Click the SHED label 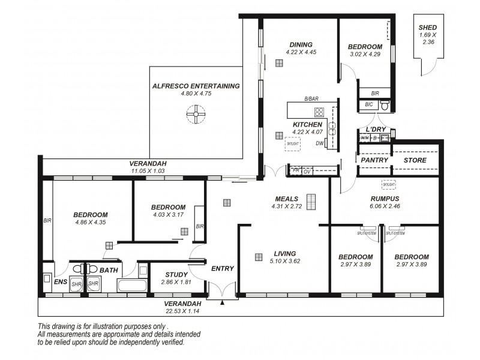pyautogui.click(x=428, y=28)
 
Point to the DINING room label pyautogui.click(x=301, y=44)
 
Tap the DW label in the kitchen pyautogui.click(x=320, y=143)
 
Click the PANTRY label pyautogui.click(x=373, y=160)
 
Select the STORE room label pyautogui.click(x=415, y=160)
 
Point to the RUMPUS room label pyautogui.click(x=385, y=199)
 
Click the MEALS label pyautogui.click(x=287, y=199)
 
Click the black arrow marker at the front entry pyautogui.click(x=222, y=303)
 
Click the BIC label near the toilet pyautogui.click(x=368, y=104)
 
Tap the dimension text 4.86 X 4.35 pyautogui.click(x=91, y=222)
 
